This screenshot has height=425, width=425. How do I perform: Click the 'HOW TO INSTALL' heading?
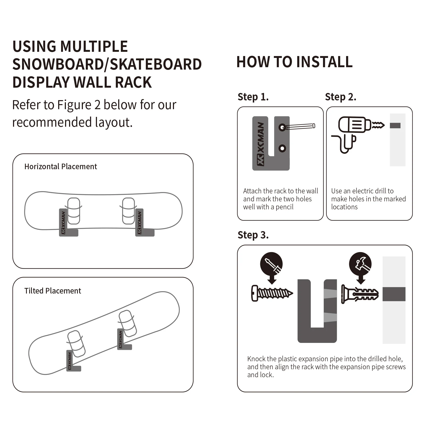[294, 62]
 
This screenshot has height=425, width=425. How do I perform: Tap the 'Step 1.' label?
[253, 97]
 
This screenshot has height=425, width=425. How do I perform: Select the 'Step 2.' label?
[340, 97]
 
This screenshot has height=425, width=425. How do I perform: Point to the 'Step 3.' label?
[253, 235]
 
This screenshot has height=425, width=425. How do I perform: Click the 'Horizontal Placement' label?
[61, 167]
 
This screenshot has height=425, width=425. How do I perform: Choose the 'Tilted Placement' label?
[53, 291]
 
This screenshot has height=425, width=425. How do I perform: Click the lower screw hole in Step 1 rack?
[282, 148]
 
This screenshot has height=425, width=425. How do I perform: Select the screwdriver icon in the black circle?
[271, 264]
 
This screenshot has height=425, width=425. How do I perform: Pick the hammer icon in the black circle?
[360, 264]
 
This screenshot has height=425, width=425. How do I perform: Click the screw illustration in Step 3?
[271, 293]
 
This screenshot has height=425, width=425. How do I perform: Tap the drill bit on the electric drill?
[378, 125]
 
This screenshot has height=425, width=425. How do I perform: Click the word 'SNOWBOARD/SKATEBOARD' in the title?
[107, 64]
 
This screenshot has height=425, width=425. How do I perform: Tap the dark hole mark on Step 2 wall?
[395, 125]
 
